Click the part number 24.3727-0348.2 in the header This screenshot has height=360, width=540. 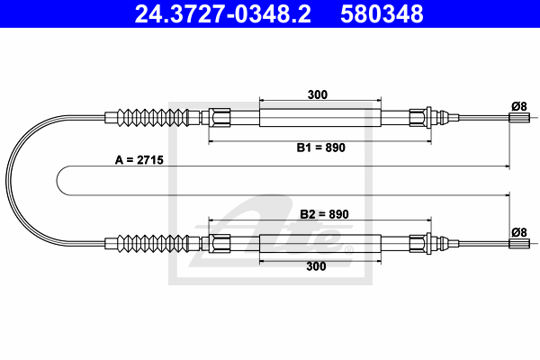pyautogui.click(x=223, y=13)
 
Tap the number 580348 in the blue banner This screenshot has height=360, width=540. pyautogui.click(x=382, y=13)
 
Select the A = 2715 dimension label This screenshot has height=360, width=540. pyautogui.click(x=139, y=160)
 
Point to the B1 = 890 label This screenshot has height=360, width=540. pyautogui.click(x=320, y=148)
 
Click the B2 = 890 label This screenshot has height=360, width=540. pyautogui.click(x=324, y=214)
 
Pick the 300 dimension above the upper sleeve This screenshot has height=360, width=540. pyautogui.click(x=317, y=94)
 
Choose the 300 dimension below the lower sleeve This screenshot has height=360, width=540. pyautogui.click(x=316, y=266)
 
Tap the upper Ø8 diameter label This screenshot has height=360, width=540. pyautogui.click(x=519, y=106)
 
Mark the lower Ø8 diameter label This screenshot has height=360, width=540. pyautogui.click(x=519, y=232)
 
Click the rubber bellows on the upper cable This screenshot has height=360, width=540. pyautogui.click(x=153, y=118)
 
